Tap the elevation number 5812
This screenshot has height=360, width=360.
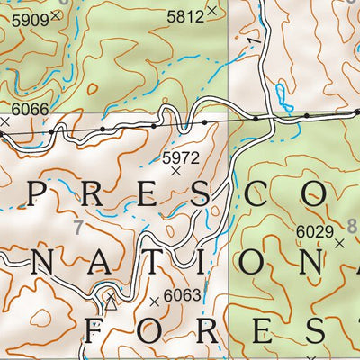[184, 14]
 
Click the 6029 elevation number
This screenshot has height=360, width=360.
[313, 231]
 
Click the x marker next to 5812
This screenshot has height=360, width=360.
[211, 12]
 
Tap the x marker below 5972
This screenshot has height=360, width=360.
[176, 170]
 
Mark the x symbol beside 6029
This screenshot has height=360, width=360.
[339, 243]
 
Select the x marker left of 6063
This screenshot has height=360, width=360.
[155, 301]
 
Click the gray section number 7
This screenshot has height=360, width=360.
[78, 229]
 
